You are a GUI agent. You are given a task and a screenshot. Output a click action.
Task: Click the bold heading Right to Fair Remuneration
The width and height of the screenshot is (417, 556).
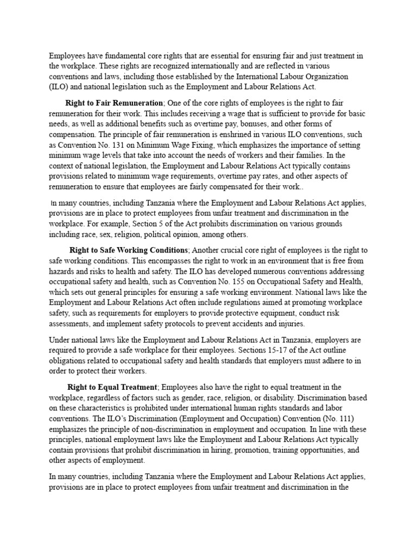(114, 103)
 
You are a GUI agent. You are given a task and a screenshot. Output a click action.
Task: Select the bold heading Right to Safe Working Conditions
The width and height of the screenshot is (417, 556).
(129, 250)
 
